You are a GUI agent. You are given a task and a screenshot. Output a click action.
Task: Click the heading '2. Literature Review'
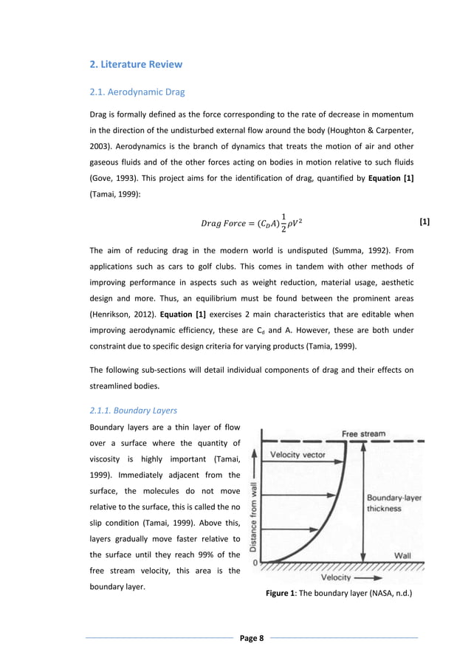tap(136, 64)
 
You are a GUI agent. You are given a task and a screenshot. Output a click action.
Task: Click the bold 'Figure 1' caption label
tap(283, 593)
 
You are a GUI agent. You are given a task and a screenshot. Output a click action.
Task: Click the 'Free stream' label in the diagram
tap(363, 433)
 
